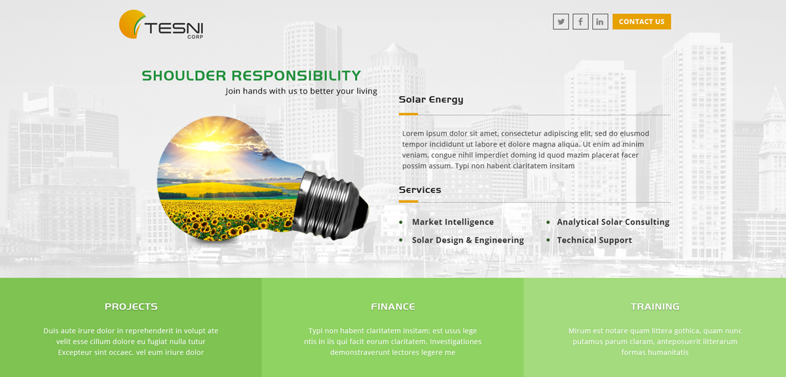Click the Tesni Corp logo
pyautogui.click(x=161, y=25)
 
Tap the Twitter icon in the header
pyautogui.click(x=561, y=22)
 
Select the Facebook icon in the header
pyautogui.click(x=580, y=22)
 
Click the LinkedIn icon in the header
pyautogui.click(x=600, y=22)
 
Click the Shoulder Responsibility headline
pyautogui.click(x=251, y=76)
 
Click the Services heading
pyautogui.click(x=420, y=190)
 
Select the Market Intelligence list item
pyautogui.click(x=453, y=222)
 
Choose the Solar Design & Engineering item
pyautogui.click(x=468, y=240)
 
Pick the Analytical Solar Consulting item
pyautogui.click(x=613, y=222)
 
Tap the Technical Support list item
pyautogui.click(x=594, y=240)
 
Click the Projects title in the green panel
pyautogui.click(x=131, y=306)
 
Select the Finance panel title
pyautogui.click(x=393, y=306)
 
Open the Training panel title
pyautogui.click(x=655, y=306)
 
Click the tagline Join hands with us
pyautogui.click(x=301, y=91)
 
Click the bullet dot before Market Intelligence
pyautogui.click(x=401, y=223)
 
